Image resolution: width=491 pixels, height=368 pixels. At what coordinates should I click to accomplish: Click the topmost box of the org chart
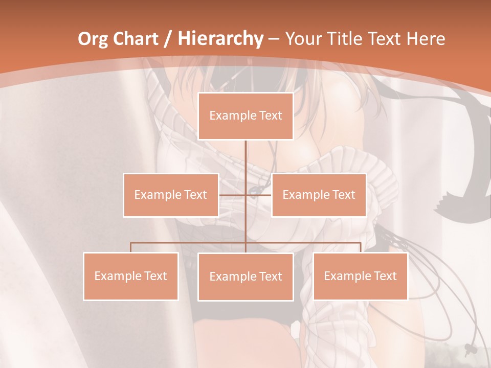(x=245, y=116)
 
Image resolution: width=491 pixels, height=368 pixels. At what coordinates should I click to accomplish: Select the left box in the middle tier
(x=171, y=195)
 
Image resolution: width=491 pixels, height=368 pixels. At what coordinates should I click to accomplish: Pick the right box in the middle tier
(x=319, y=195)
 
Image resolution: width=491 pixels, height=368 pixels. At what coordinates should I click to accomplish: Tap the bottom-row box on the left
(x=131, y=276)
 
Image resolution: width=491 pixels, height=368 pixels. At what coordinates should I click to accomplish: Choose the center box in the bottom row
(x=245, y=277)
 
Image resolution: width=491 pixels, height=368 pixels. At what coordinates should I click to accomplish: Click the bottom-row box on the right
(x=360, y=276)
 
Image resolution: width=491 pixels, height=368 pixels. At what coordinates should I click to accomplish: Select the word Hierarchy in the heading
(x=220, y=39)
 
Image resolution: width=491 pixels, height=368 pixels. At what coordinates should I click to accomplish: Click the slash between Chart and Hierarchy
(x=167, y=39)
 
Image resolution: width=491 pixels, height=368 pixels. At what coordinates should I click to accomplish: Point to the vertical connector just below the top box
(x=245, y=153)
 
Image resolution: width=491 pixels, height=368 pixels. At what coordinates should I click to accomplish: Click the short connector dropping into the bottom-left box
(x=131, y=247)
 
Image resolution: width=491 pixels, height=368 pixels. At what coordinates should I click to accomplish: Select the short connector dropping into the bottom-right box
(x=360, y=247)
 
